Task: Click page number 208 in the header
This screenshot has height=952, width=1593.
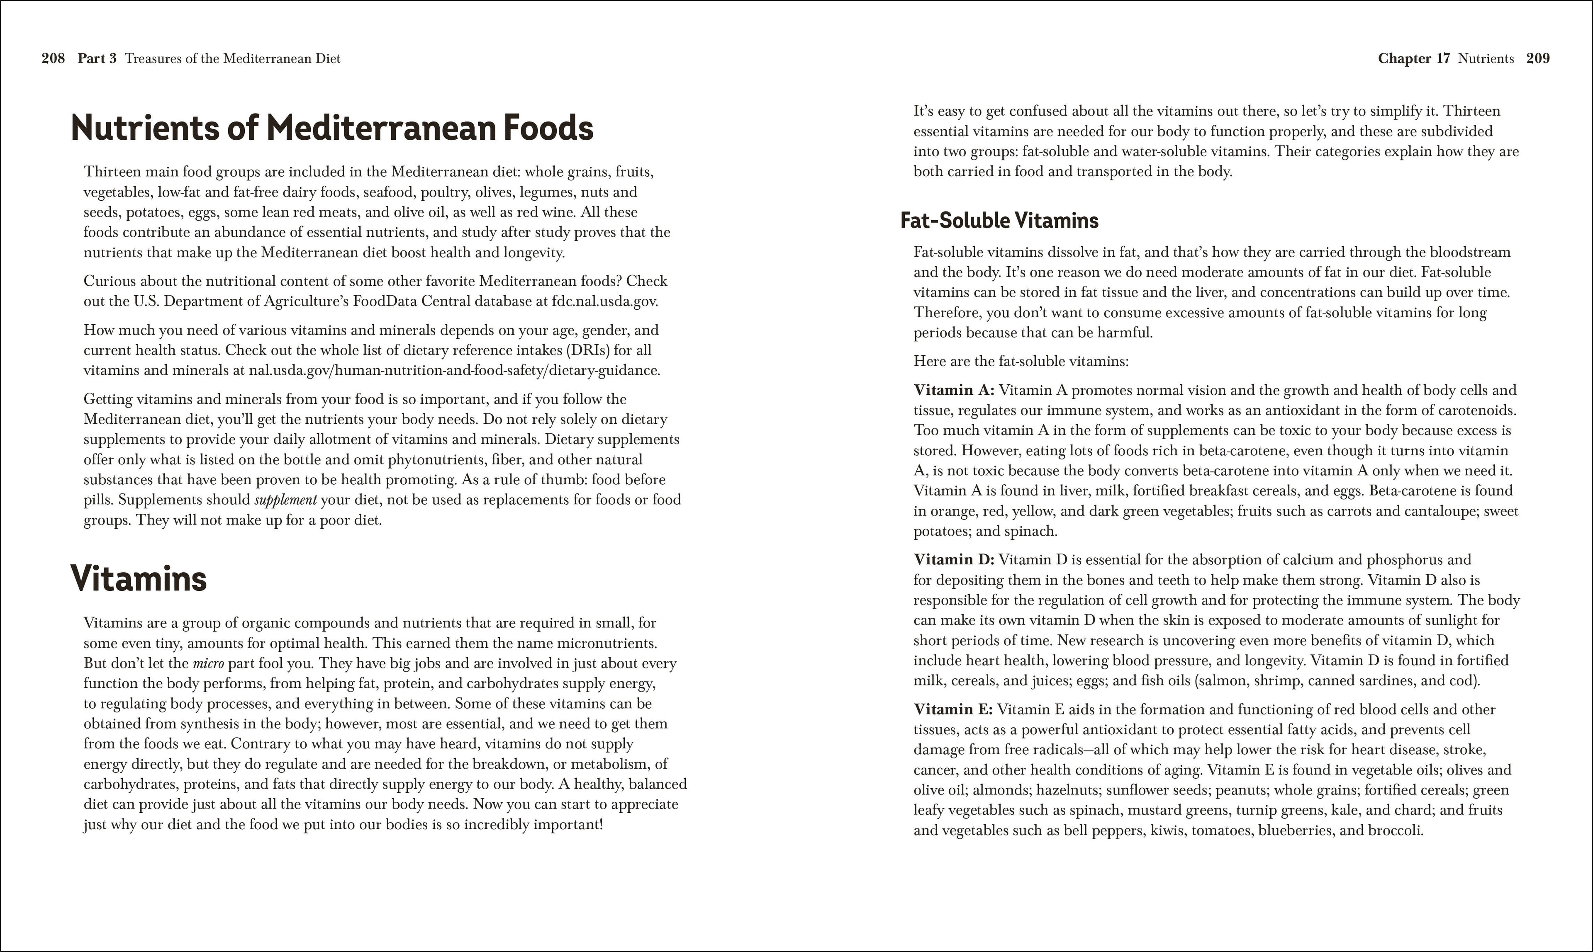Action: (x=53, y=58)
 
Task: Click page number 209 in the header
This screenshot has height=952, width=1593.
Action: (x=1538, y=58)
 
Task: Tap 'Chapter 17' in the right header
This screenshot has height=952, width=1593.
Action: (x=1413, y=58)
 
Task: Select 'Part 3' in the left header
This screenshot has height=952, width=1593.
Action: (x=97, y=58)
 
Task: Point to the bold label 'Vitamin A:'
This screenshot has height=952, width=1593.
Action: (x=953, y=390)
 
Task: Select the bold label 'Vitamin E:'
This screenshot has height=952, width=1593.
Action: (x=952, y=709)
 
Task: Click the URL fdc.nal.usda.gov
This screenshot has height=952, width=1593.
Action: (x=604, y=301)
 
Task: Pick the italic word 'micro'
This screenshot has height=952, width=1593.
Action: (x=208, y=663)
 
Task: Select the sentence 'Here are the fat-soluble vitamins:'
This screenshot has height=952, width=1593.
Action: (x=1021, y=361)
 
